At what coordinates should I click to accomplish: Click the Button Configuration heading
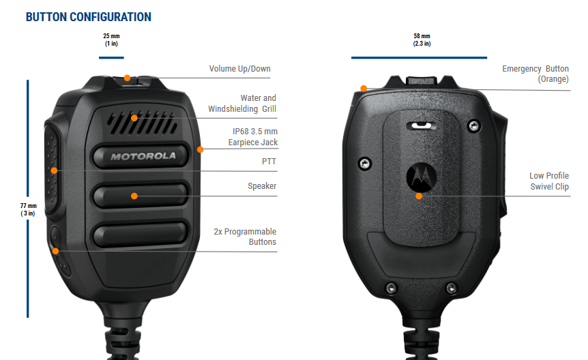89,17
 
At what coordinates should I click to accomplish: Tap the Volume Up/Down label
239,69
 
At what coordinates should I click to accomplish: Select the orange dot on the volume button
127,78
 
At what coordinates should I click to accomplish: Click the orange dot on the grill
134,118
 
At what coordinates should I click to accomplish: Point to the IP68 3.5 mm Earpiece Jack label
253,137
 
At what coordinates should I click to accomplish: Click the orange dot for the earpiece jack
201,149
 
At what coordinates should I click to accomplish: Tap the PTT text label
269,161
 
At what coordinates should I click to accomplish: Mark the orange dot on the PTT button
54,170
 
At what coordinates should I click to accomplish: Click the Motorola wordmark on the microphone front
143,156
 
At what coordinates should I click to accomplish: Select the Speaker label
262,186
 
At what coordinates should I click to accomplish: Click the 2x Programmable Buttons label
245,237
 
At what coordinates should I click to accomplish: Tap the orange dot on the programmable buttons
55,251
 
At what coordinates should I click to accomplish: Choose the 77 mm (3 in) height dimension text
28,209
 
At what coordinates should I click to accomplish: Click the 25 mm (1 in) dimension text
111,40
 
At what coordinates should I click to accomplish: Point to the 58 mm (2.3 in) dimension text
422,40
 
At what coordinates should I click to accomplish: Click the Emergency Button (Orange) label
535,74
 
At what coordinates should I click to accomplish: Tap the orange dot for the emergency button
364,89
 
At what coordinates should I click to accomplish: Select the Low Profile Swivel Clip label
549,181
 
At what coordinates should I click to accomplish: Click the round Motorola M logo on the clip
421,177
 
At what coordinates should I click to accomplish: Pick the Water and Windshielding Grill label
242,104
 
